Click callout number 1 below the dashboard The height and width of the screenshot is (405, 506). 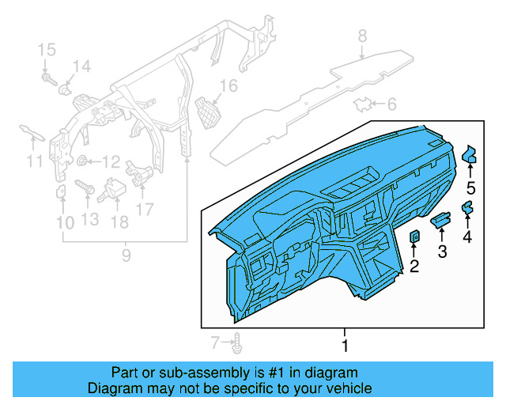[x=344, y=346]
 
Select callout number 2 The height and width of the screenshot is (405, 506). [x=413, y=267]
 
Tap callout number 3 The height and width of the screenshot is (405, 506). [x=442, y=252]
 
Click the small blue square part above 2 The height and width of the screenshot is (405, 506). [x=414, y=237]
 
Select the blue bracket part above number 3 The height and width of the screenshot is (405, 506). [x=441, y=219]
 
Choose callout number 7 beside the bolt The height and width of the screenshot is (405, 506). [x=214, y=343]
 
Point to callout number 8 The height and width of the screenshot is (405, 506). [x=362, y=36]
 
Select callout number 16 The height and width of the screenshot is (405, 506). [x=228, y=85]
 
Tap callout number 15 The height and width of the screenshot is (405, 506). [x=47, y=51]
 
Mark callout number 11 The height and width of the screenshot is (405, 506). [x=32, y=162]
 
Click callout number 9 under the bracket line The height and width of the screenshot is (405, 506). [x=126, y=255]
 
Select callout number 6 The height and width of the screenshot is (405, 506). [x=392, y=104]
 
